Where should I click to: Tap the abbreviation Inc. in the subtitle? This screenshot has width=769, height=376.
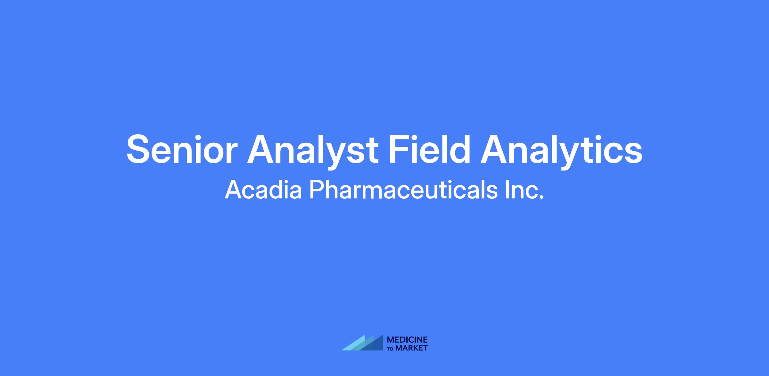tap(525, 189)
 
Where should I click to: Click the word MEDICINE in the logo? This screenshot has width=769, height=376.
tap(407, 340)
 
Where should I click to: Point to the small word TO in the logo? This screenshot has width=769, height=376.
tap(391, 349)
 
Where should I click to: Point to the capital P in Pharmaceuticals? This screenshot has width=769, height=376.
tap(318, 189)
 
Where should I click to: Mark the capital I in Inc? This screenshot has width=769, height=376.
tap(507, 189)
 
